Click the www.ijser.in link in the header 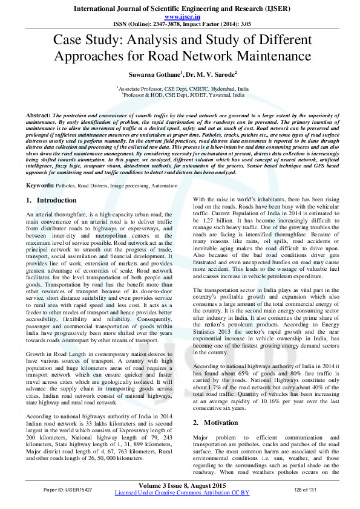[x=179, y=18]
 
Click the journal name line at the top [x=179, y=10]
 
